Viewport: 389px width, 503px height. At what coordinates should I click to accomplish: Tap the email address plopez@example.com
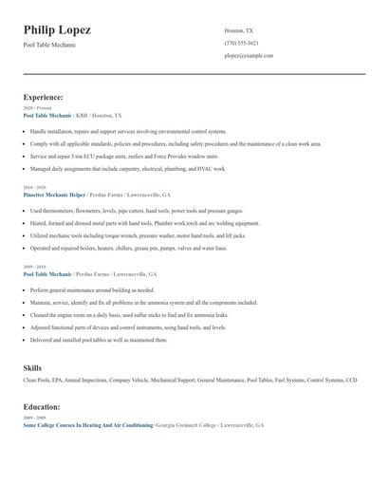click(x=249, y=56)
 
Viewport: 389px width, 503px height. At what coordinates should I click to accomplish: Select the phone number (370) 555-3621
click(x=241, y=43)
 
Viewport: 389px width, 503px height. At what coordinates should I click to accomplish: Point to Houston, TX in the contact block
click(x=238, y=30)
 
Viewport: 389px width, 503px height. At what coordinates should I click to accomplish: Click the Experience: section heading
click(x=44, y=97)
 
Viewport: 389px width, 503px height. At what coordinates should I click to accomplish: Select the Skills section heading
click(x=32, y=366)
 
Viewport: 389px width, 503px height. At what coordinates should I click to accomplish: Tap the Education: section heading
click(x=42, y=406)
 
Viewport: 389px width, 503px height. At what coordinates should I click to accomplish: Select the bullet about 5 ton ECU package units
click(x=123, y=156)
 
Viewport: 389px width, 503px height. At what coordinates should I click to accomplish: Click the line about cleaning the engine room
click(x=129, y=314)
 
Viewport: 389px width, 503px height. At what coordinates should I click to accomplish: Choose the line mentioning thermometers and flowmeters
click(x=137, y=211)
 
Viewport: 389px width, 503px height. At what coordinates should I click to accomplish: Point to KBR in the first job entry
click(x=82, y=115)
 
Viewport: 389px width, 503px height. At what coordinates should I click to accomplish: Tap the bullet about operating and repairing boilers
click(x=128, y=248)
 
